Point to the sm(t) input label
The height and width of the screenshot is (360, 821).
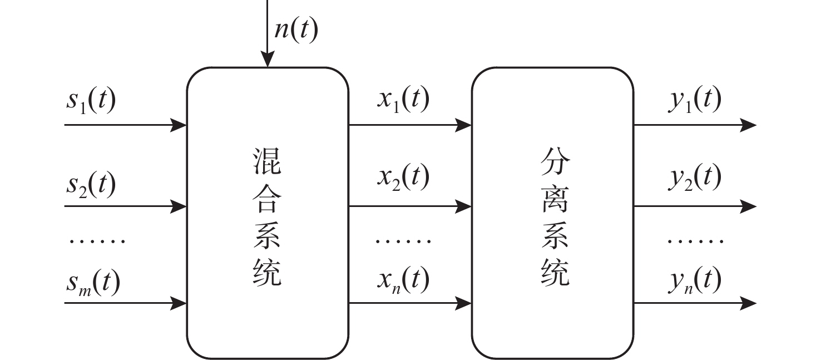(x=93, y=282)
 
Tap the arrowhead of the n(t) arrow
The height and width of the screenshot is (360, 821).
(x=268, y=60)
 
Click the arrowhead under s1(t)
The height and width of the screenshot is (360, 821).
(x=179, y=125)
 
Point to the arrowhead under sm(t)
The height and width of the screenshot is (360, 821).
(x=179, y=303)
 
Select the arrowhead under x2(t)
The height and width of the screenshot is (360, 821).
(x=464, y=206)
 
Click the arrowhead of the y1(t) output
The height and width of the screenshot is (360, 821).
(x=749, y=125)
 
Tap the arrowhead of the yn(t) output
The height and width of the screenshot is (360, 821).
(x=749, y=303)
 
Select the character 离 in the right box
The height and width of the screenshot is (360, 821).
(x=555, y=201)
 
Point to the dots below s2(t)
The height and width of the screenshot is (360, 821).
(x=97, y=241)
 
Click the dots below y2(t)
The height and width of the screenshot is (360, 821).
(x=695, y=241)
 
